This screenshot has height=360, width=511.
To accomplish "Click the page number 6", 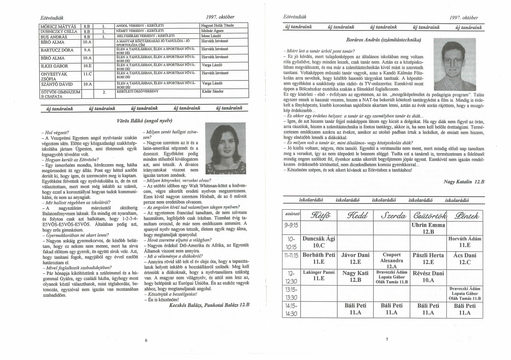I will click(146, 340).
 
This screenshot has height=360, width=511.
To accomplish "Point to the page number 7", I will click(386, 339).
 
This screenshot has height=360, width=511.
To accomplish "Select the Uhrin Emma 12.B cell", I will click(428, 228).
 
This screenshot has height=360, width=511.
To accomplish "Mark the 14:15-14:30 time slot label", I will click(291, 309).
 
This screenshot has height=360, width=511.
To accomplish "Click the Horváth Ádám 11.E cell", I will click(465, 242).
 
